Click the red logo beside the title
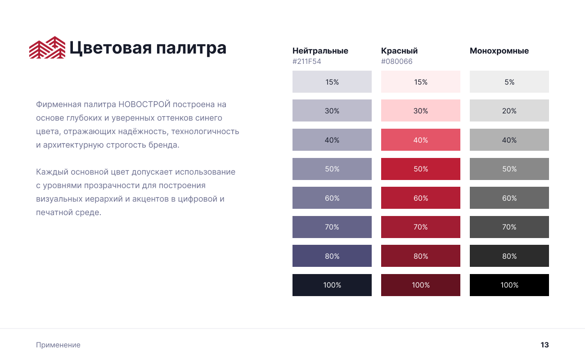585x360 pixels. [x=47, y=47]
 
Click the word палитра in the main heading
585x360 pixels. [x=191, y=49]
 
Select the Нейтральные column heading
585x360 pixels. [x=320, y=51]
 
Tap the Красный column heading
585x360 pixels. [x=399, y=51]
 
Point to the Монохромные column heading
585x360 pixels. [x=499, y=51]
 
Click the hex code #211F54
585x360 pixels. [x=306, y=61]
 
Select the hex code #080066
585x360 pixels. [x=397, y=61]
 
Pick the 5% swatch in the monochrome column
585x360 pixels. [x=509, y=82]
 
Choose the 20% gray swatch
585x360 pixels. [x=509, y=111]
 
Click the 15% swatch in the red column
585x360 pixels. [x=420, y=82]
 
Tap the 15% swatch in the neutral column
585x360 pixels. [x=332, y=82]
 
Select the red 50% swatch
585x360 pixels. [x=420, y=169]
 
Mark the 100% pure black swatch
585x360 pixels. [x=509, y=285]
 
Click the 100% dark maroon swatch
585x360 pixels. [x=420, y=285]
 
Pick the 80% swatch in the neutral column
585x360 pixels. [x=332, y=256]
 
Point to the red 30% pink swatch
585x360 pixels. [x=420, y=111]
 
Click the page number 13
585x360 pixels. [x=544, y=345]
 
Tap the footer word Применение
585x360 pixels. [x=58, y=345]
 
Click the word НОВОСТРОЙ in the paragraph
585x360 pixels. [x=144, y=104]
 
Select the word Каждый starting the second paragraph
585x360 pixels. [x=52, y=172]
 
